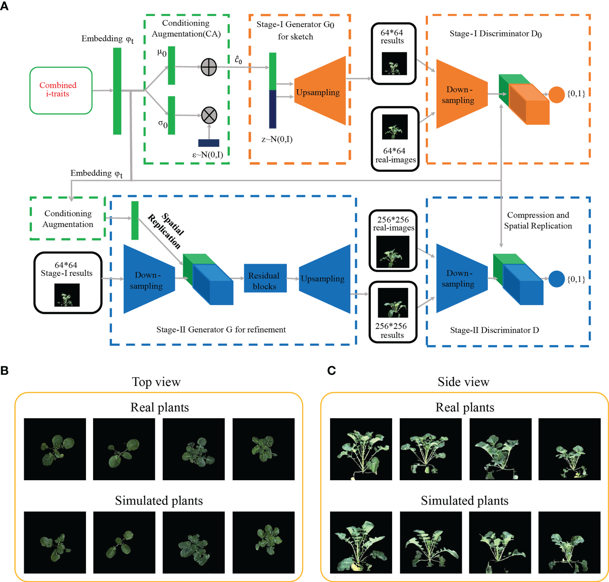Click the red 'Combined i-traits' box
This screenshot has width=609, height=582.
[61, 91]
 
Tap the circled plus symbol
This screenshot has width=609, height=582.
[209, 67]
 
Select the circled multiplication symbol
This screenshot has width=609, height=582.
[209, 115]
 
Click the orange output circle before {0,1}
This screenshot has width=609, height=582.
[557, 95]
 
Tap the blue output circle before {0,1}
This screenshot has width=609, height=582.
[557, 279]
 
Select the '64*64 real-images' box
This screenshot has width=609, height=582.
[395, 139]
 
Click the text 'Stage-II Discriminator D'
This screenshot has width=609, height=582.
[494, 330]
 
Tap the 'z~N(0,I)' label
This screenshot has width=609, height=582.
[277, 140]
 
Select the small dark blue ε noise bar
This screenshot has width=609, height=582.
[208, 143]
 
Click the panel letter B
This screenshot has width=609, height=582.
[5, 370]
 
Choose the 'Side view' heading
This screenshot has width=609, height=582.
[463, 382]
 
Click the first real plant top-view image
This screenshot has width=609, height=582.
[55, 449]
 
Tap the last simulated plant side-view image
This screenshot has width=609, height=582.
[569, 542]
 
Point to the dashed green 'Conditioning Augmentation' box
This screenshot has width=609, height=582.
[68, 219]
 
